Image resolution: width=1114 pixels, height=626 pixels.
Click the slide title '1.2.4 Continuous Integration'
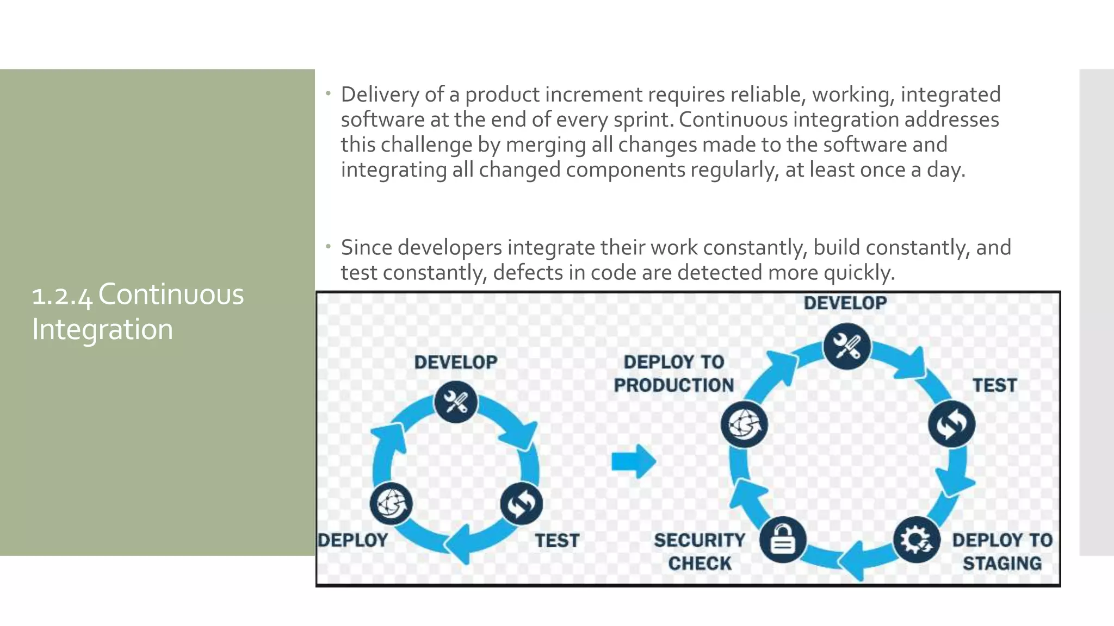point(138,311)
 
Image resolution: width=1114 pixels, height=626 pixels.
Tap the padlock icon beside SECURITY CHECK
point(782,540)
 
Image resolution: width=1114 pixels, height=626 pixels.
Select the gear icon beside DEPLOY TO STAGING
point(917,540)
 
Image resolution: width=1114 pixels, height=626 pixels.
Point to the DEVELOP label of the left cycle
point(456,362)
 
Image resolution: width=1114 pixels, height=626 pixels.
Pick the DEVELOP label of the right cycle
point(845,303)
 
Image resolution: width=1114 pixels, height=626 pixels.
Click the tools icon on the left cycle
point(456,403)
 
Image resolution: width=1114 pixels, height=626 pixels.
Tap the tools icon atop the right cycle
point(846,346)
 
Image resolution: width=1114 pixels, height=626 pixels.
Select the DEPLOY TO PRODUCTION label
point(674,374)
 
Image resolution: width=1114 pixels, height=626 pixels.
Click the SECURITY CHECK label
point(700,552)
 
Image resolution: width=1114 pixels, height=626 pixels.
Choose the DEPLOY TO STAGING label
point(1002,552)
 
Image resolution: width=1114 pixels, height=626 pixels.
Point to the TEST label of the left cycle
point(557,541)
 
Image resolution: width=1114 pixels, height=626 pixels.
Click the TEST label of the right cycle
point(994,385)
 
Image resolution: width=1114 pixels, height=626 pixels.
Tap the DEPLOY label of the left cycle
point(353,541)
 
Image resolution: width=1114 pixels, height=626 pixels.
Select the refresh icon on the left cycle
point(521,504)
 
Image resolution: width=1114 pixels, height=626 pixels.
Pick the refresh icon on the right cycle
point(951,424)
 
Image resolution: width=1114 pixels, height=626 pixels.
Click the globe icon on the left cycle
point(391,504)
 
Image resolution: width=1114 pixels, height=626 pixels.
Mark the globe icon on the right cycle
point(744,424)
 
